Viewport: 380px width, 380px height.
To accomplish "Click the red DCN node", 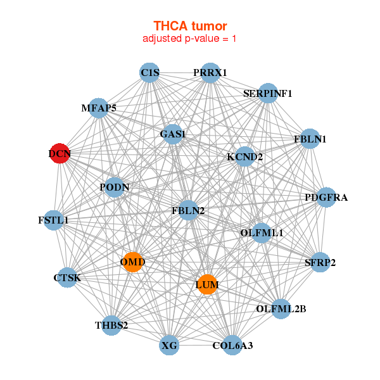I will [x=60, y=154].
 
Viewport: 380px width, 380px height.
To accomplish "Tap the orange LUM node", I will [x=206, y=285].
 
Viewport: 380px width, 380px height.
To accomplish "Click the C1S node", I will [x=149, y=73].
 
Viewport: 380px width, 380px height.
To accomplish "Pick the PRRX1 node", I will [x=210, y=73].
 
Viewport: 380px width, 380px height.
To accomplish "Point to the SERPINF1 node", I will [x=268, y=93].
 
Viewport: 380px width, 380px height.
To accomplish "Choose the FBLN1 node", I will [x=309, y=139].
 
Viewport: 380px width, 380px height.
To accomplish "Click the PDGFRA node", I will [x=326, y=198].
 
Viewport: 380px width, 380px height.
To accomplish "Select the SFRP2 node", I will [x=320, y=262].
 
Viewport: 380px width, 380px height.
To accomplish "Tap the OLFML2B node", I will [x=281, y=309].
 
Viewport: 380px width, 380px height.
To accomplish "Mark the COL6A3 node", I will [x=232, y=345].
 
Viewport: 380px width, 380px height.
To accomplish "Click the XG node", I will [x=169, y=346].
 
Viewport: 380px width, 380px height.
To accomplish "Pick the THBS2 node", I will [x=112, y=326].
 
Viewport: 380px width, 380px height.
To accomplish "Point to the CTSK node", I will [x=67, y=277].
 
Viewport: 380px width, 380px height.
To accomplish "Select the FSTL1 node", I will [x=54, y=220].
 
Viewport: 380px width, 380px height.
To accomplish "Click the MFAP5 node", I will [x=98, y=108].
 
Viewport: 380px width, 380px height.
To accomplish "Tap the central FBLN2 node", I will [x=188, y=210].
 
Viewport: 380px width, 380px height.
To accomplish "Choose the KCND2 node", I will [x=244, y=156].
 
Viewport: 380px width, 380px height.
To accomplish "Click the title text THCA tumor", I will [x=190, y=26].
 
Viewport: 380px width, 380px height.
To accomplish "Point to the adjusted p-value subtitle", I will [x=190, y=39].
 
